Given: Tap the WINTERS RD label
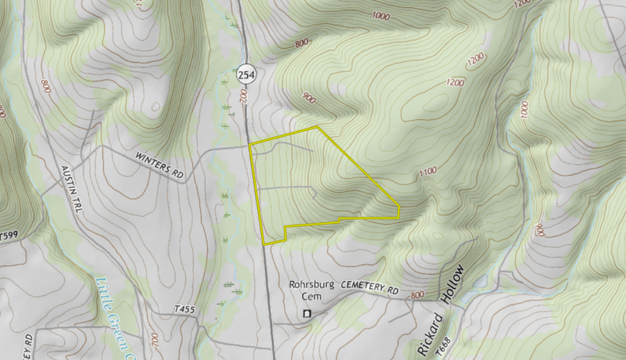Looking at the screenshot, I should point(160,166).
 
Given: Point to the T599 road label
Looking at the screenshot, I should point(8,235).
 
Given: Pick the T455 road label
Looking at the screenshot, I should point(184,310).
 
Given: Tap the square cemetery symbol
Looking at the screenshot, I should point(307,314).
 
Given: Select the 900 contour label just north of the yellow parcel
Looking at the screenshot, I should point(309,98).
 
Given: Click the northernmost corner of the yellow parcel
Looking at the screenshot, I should point(318,126).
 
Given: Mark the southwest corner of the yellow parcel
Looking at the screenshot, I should point(264,244).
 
